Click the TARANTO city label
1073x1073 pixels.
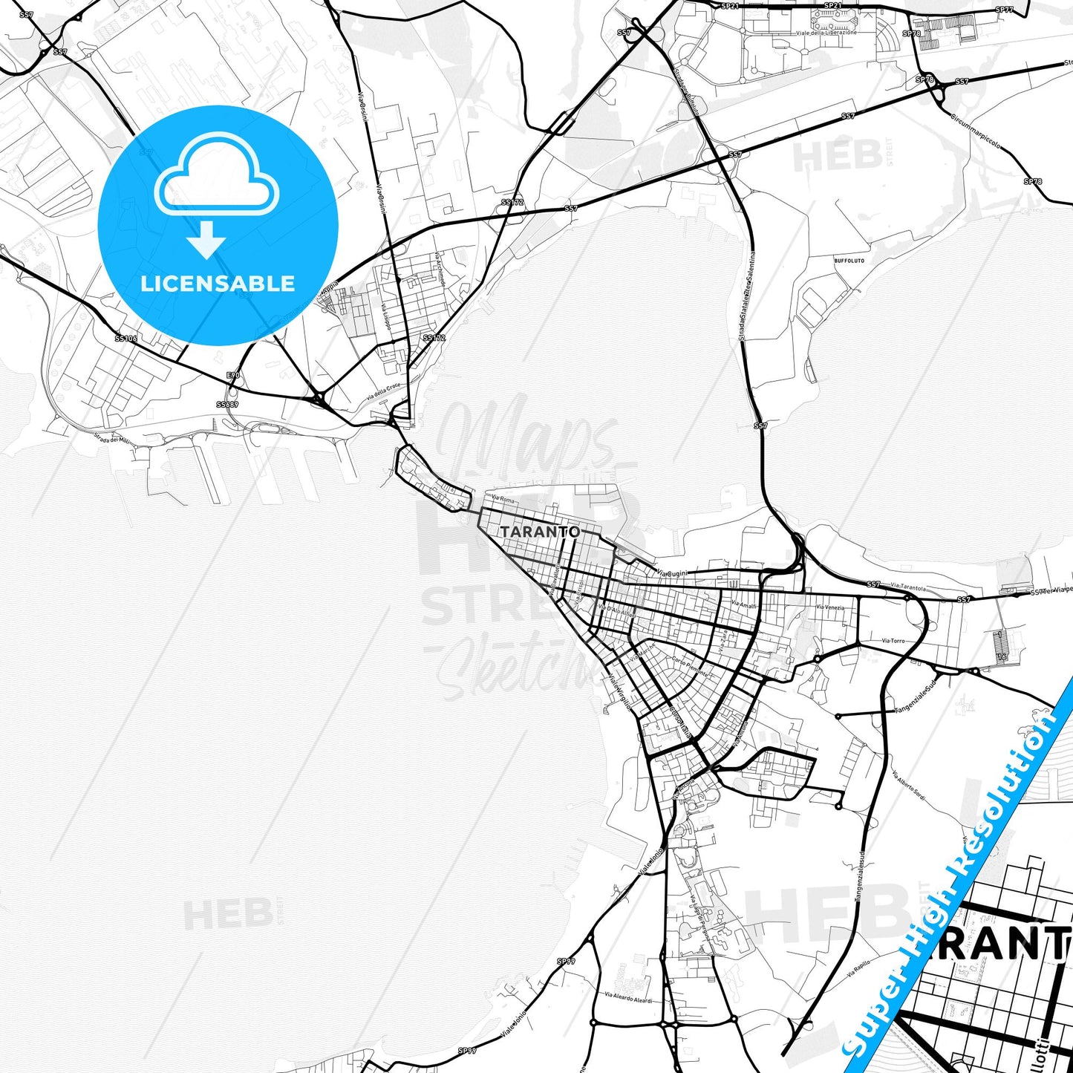click(540, 532)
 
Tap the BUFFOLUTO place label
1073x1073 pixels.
click(849, 261)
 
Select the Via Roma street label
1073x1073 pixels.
click(503, 500)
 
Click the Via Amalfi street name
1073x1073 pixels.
click(743, 605)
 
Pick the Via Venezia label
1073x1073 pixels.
click(830, 607)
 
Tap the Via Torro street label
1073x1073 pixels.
click(893, 640)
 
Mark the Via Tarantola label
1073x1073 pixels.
click(907, 587)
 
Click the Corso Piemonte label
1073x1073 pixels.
click(690, 665)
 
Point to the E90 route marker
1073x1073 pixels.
click(233, 376)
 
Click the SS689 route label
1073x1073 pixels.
click(227, 405)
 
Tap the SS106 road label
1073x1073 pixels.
click(125, 339)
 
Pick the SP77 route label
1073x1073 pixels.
click(1004, 10)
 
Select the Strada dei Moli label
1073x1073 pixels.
click(111, 440)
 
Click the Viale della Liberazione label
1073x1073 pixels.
click(826, 33)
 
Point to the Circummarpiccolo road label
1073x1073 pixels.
click(976, 131)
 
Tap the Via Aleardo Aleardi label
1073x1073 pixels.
click(627, 998)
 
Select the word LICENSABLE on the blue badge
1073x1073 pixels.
click(218, 284)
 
